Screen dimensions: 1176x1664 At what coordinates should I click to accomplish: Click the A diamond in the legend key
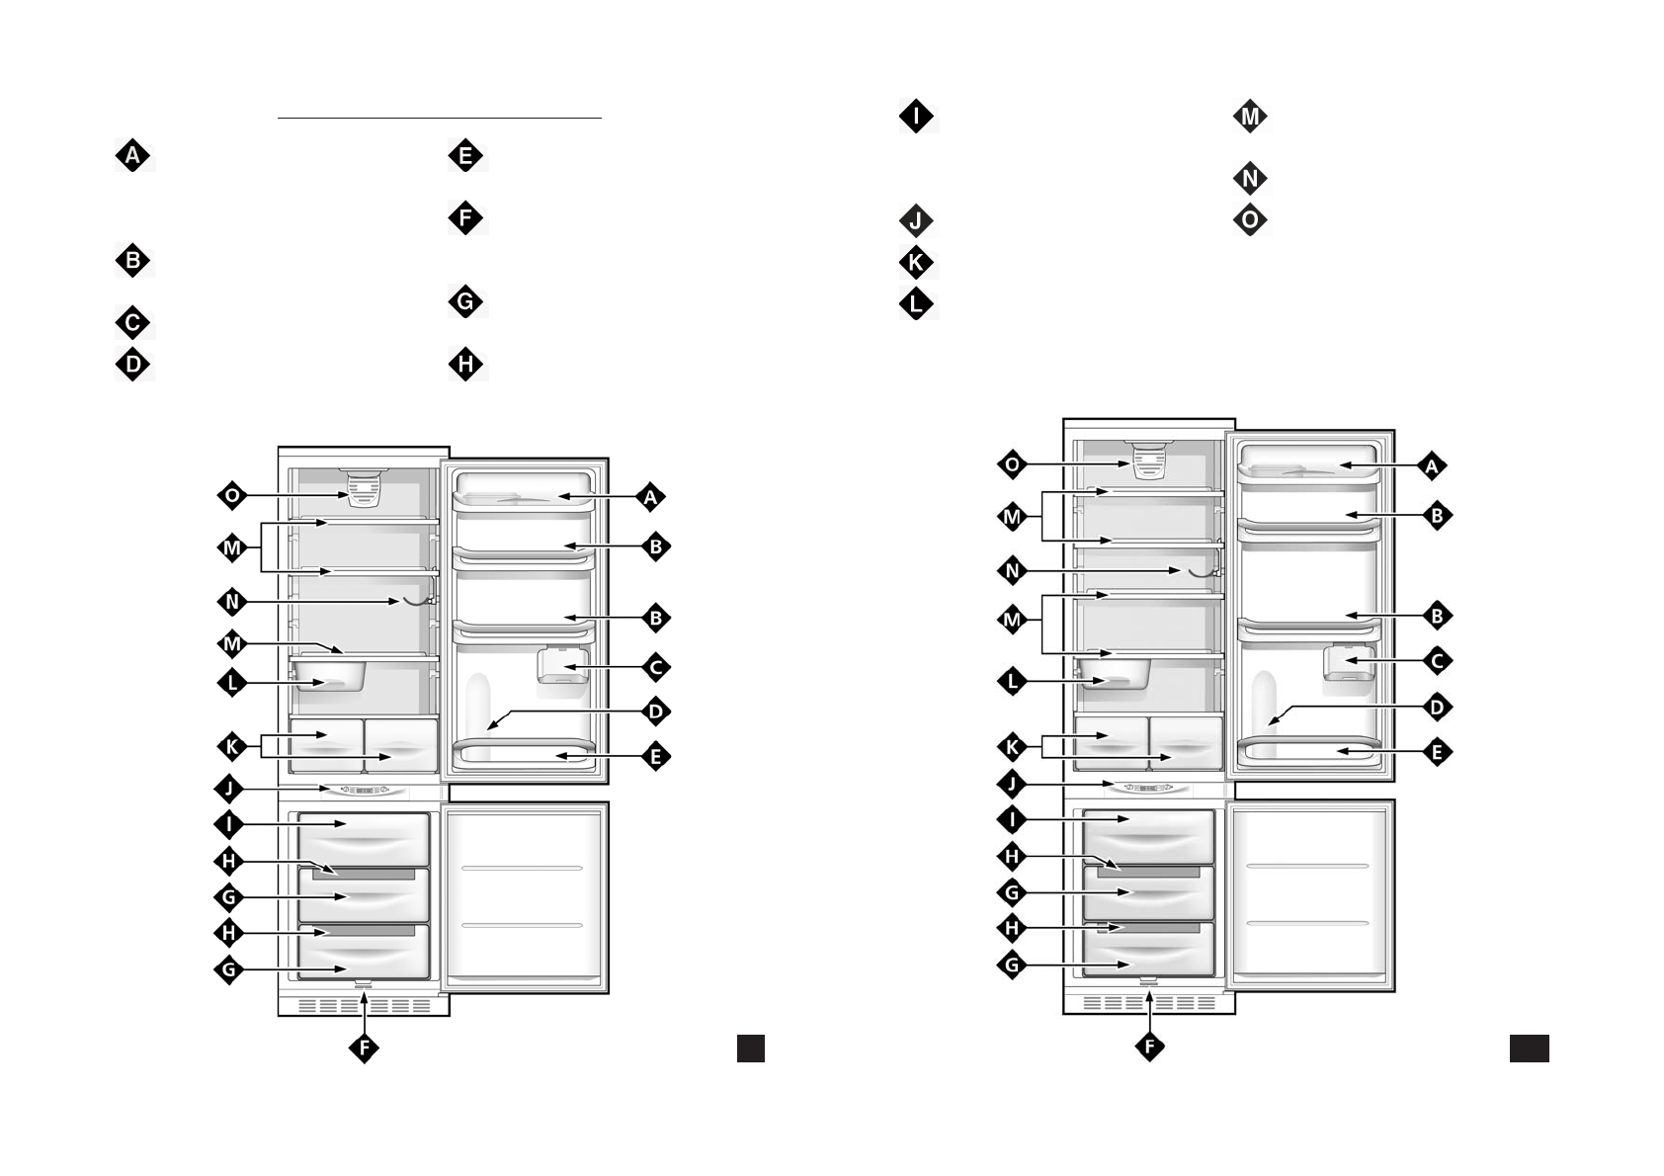coord(133,156)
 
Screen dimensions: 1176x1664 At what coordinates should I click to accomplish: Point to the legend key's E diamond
coord(465,156)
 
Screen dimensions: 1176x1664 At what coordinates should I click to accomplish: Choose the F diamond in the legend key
coord(465,217)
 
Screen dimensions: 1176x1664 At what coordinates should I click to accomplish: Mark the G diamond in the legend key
coord(465,301)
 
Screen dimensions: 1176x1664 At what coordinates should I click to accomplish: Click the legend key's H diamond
coord(465,365)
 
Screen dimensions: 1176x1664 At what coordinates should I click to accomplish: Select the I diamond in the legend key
coord(916,117)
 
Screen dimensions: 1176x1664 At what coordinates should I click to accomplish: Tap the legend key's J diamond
coord(916,220)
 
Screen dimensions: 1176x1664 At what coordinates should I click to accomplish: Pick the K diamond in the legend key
coord(916,263)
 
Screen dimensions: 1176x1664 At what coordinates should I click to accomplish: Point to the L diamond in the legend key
coord(916,303)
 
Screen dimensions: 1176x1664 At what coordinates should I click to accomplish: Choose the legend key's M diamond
coord(1250,117)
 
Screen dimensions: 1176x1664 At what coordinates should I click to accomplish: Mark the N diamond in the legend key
coord(1250,179)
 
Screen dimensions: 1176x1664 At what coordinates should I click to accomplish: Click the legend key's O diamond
coord(1250,219)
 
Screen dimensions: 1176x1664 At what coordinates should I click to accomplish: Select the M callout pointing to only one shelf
coord(232,644)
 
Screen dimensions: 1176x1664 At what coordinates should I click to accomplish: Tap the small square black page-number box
coord(751,1049)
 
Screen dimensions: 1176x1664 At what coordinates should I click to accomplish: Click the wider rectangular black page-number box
coord(1529,1049)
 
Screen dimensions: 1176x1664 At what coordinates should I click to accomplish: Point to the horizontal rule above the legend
coord(440,119)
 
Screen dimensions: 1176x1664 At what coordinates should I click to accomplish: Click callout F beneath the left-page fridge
coord(364,1048)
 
